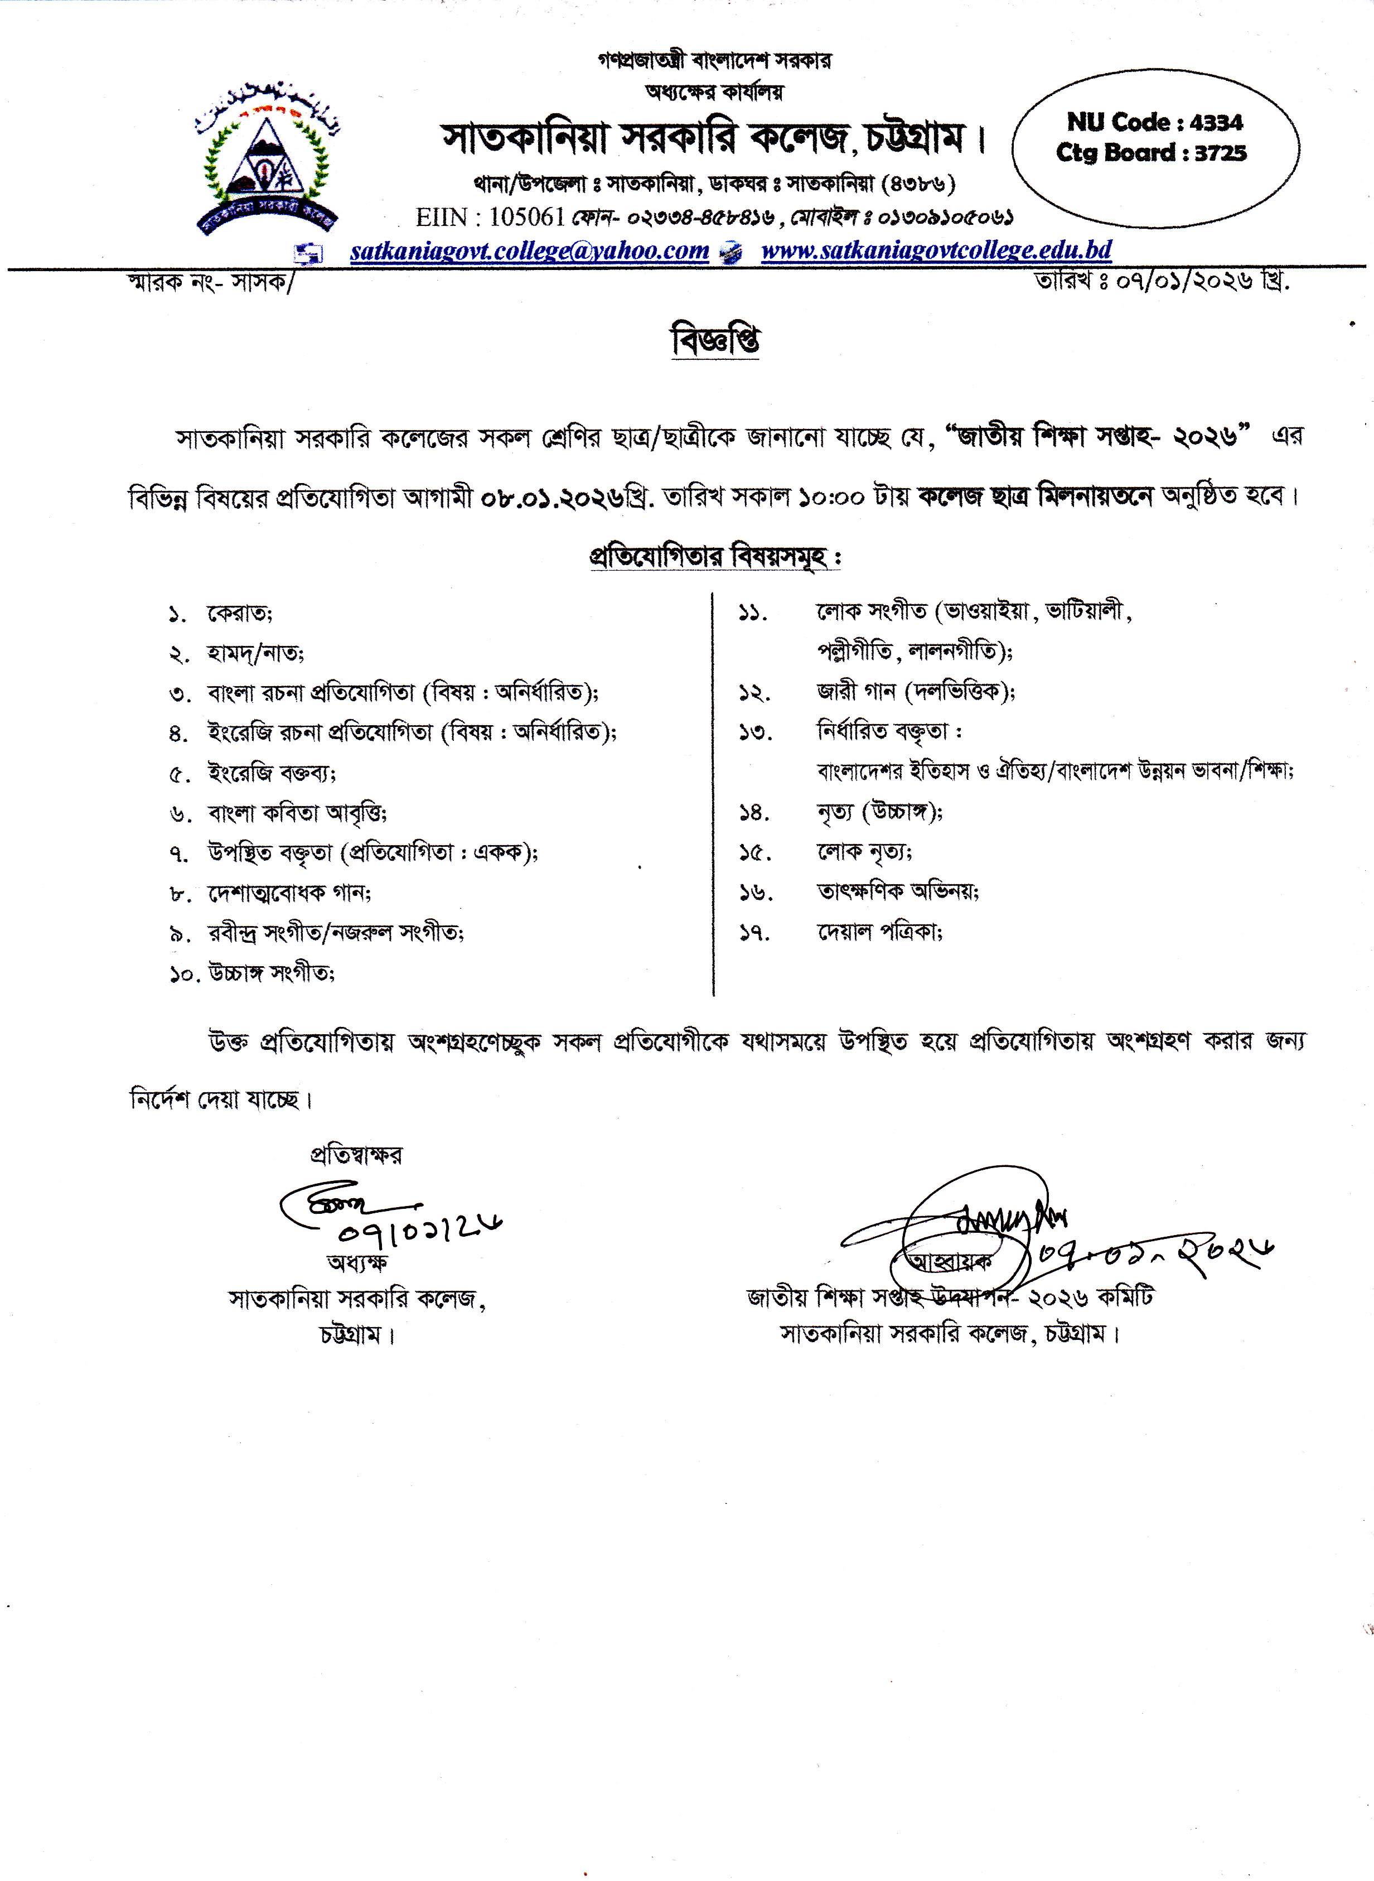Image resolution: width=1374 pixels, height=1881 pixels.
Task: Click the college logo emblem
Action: coord(266,158)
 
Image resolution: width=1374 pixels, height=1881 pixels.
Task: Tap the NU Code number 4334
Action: coord(1216,122)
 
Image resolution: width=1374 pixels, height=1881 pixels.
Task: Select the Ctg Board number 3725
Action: coord(1220,153)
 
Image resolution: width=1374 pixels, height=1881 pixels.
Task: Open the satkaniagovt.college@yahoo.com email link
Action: coord(529,250)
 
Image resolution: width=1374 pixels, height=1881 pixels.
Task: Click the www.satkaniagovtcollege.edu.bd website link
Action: coord(936,250)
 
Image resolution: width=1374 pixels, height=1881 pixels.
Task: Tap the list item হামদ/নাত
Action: coord(255,654)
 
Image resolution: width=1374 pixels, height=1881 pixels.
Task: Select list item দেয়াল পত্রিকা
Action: coord(879,933)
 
